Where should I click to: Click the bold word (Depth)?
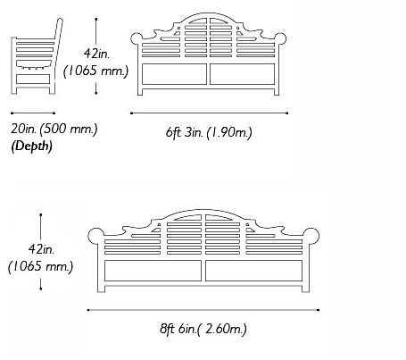pos(31,146)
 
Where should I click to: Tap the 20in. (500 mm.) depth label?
pos(54,130)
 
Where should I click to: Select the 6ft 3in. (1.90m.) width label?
pos(209,132)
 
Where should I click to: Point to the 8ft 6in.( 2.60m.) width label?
pos(203,329)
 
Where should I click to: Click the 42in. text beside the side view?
pos(96,54)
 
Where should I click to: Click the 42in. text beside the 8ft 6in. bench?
pos(41,249)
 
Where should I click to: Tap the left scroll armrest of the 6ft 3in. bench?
pos(137,38)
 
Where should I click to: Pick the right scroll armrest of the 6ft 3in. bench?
pos(280,38)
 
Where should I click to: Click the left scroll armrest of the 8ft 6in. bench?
pos(96,236)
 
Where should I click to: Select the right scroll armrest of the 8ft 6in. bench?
pos(311,236)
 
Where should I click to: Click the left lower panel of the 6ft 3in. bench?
pos(174,74)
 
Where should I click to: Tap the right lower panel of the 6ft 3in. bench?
pos(243,74)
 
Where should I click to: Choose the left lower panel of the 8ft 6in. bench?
pos(153,271)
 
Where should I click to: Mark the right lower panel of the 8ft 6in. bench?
pos(254,271)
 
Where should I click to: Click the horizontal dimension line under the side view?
pos(33,113)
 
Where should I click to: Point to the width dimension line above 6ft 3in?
pos(209,113)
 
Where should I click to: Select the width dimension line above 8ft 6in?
pos(203,310)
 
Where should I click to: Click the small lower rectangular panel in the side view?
pos(33,79)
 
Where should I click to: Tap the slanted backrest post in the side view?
pos(57,56)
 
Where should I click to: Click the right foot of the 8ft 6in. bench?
pos(305,289)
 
